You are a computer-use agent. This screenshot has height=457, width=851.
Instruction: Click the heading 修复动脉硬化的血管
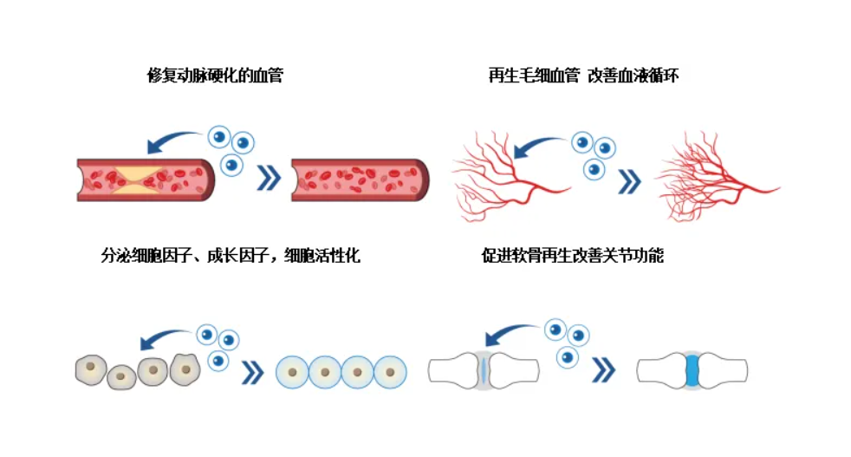[x=215, y=76]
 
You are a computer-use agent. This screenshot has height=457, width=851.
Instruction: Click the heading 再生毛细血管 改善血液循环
[x=583, y=76]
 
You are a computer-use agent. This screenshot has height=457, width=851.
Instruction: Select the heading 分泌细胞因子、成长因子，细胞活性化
[x=230, y=256]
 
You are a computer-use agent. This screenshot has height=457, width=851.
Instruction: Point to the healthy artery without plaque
[x=360, y=180]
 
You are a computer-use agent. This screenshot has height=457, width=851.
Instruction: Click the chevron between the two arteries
[x=270, y=179]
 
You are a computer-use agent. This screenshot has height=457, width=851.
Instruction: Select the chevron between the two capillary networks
[x=630, y=180]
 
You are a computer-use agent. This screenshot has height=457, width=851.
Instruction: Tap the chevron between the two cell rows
[x=252, y=372]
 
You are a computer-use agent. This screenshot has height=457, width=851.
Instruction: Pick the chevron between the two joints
[x=603, y=371]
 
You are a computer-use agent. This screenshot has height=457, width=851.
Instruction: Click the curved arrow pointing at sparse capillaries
[x=537, y=144]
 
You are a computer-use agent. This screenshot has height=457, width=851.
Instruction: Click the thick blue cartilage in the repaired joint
[x=692, y=370]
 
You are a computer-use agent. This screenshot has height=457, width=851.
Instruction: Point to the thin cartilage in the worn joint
[x=484, y=370]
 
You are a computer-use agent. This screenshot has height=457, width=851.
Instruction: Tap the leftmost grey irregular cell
[x=90, y=370]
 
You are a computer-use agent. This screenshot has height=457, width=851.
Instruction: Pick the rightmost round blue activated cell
[x=390, y=372]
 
